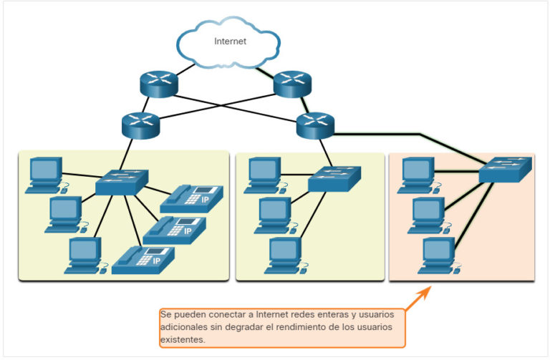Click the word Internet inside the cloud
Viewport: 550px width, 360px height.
[231, 42]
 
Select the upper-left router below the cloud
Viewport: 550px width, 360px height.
[158, 84]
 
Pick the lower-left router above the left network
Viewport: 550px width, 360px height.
[140, 125]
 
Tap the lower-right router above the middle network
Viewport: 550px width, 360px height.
[315, 125]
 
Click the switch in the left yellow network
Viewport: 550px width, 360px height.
[122, 182]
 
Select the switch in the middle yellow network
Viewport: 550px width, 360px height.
[335, 179]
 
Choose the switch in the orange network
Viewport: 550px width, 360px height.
[505, 170]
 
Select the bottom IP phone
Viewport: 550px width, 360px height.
[143, 259]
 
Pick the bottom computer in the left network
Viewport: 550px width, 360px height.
[84, 256]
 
